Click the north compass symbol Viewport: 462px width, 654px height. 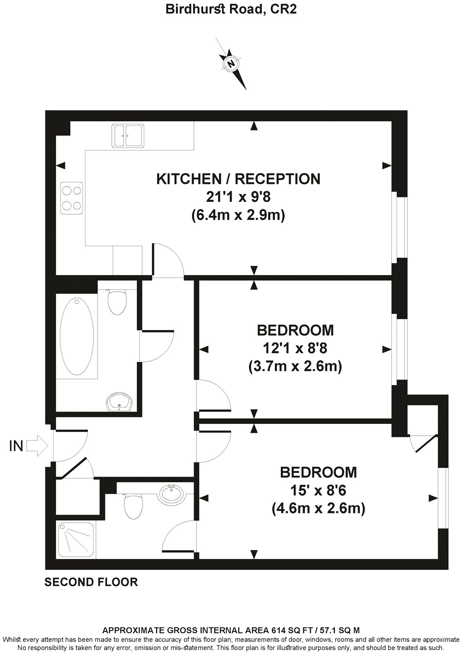(x=231, y=63)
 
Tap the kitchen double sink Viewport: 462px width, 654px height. (x=127, y=136)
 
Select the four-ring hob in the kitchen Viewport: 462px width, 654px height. (x=72, y=198)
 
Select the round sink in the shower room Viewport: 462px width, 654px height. (x=172, y=494)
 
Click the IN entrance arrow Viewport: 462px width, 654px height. (x=37, y=446)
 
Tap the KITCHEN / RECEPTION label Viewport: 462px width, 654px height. (x=239, y=179)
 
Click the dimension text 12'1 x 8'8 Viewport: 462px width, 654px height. (x=295, y=348)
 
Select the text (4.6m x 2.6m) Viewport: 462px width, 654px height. (x=318, y=508)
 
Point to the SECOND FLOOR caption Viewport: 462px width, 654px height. (x=91, y=582)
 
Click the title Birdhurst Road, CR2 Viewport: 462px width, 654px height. (x=231, y=9)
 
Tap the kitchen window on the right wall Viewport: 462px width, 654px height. (x=400, y=228)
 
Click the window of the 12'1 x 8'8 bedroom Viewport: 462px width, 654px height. (x=400, y=350)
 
